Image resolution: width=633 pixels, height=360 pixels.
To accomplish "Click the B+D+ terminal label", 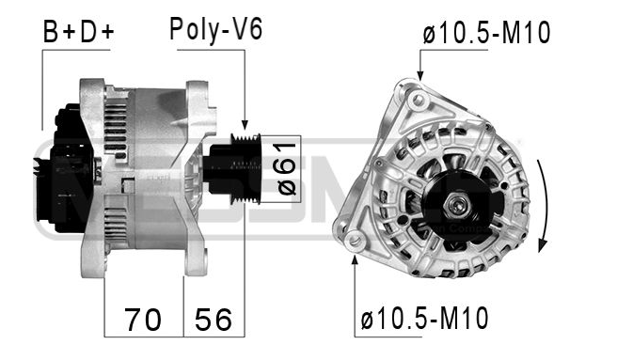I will tap(78, 32).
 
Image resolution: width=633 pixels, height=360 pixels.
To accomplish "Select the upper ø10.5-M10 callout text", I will tap(485, 34).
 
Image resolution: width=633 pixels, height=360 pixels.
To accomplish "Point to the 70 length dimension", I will tap(143, 320).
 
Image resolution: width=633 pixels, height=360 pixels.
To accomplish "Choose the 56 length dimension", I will tap(213, 320).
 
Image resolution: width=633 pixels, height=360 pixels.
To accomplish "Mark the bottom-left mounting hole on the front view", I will tap(354, 243).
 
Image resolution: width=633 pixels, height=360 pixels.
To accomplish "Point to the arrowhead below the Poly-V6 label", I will tap(245, 124).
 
